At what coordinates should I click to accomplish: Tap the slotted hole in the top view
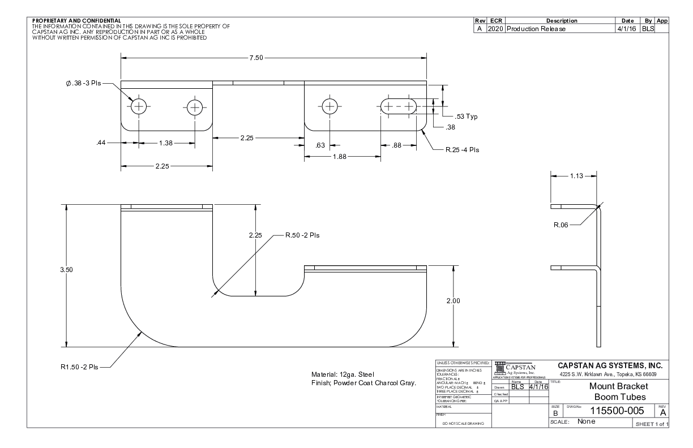(398, 106)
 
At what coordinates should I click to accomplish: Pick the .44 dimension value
(102, 143)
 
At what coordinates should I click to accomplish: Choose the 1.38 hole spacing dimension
(166, 143)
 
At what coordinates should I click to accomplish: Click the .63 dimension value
(320, 145)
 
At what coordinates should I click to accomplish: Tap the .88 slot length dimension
(397, 145)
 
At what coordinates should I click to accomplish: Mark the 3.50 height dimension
(67, 270)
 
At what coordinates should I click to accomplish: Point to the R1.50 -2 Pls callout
(79, 367)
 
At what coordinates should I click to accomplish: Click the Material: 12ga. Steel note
(343, 374)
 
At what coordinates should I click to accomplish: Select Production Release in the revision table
(536, 28)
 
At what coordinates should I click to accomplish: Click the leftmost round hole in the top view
(139, 106)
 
